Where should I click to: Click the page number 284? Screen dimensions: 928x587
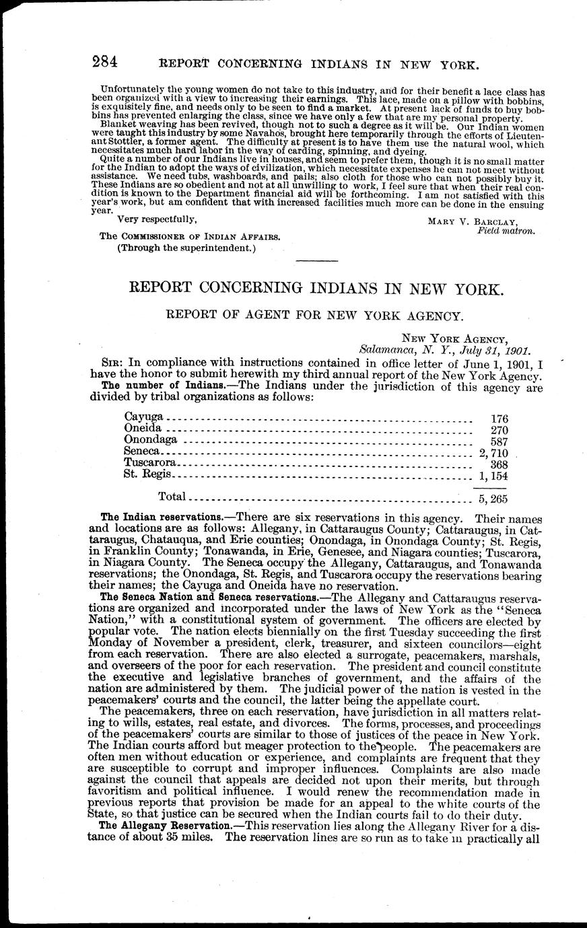click(105, 63)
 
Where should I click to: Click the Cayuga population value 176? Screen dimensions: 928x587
click(499, 419)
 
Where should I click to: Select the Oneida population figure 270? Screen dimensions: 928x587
click(499, 429)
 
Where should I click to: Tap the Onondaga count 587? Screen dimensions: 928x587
click(499, 441)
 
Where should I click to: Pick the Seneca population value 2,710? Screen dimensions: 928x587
click(493, 452)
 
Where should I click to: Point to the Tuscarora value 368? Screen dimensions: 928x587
click(499, 464)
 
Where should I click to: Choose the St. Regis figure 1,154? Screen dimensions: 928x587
click(493, 476)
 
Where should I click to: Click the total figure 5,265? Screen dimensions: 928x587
click(493, 499)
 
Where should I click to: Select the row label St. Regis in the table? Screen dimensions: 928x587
click(147, 474)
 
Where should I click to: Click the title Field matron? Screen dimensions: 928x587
click(506, 231)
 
